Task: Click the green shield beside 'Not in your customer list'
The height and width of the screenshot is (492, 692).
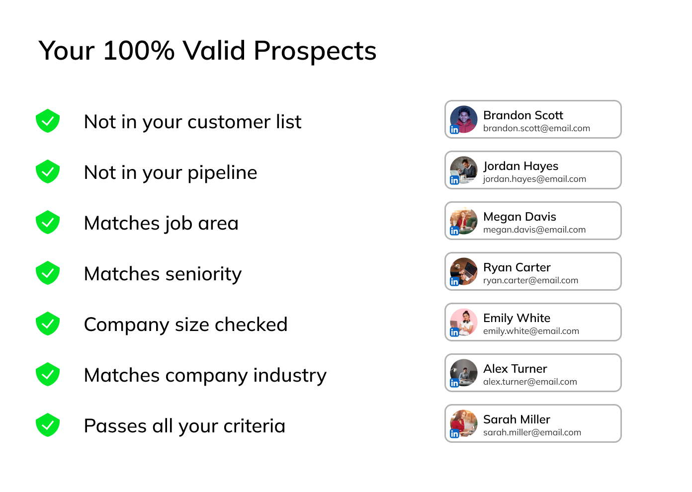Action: pos(48,121)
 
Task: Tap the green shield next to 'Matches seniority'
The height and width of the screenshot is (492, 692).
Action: pos(48,273)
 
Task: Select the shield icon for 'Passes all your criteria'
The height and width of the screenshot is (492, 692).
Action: pos(48,425)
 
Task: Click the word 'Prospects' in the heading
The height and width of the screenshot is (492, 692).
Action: pos(315,51)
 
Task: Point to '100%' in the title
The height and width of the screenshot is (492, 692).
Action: pos(139,50)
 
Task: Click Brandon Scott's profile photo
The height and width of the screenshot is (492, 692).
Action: pos(464,119)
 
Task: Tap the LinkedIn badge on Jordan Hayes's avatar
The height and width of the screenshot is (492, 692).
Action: pos(454,180)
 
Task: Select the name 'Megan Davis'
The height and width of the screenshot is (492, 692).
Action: pos(519,217)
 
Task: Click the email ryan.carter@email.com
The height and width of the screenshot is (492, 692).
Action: pos(530,280)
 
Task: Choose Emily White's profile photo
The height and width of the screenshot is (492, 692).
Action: pos(464,322)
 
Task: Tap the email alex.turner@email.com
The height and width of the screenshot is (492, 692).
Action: pos(530,382)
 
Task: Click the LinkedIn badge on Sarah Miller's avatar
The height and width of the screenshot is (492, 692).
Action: pos(454,433)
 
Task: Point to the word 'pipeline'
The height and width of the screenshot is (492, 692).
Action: pos(222,173)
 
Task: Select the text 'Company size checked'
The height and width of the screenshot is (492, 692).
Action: pos(185,325)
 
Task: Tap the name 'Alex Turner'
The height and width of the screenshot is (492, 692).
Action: pos(515,369)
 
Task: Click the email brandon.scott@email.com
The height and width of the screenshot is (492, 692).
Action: pos(536,128)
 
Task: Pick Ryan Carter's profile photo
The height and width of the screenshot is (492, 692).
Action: pos(464,271)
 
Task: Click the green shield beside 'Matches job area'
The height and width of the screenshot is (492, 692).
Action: pos(48,222)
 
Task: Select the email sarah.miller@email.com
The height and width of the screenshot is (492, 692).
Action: pos(532,432)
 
